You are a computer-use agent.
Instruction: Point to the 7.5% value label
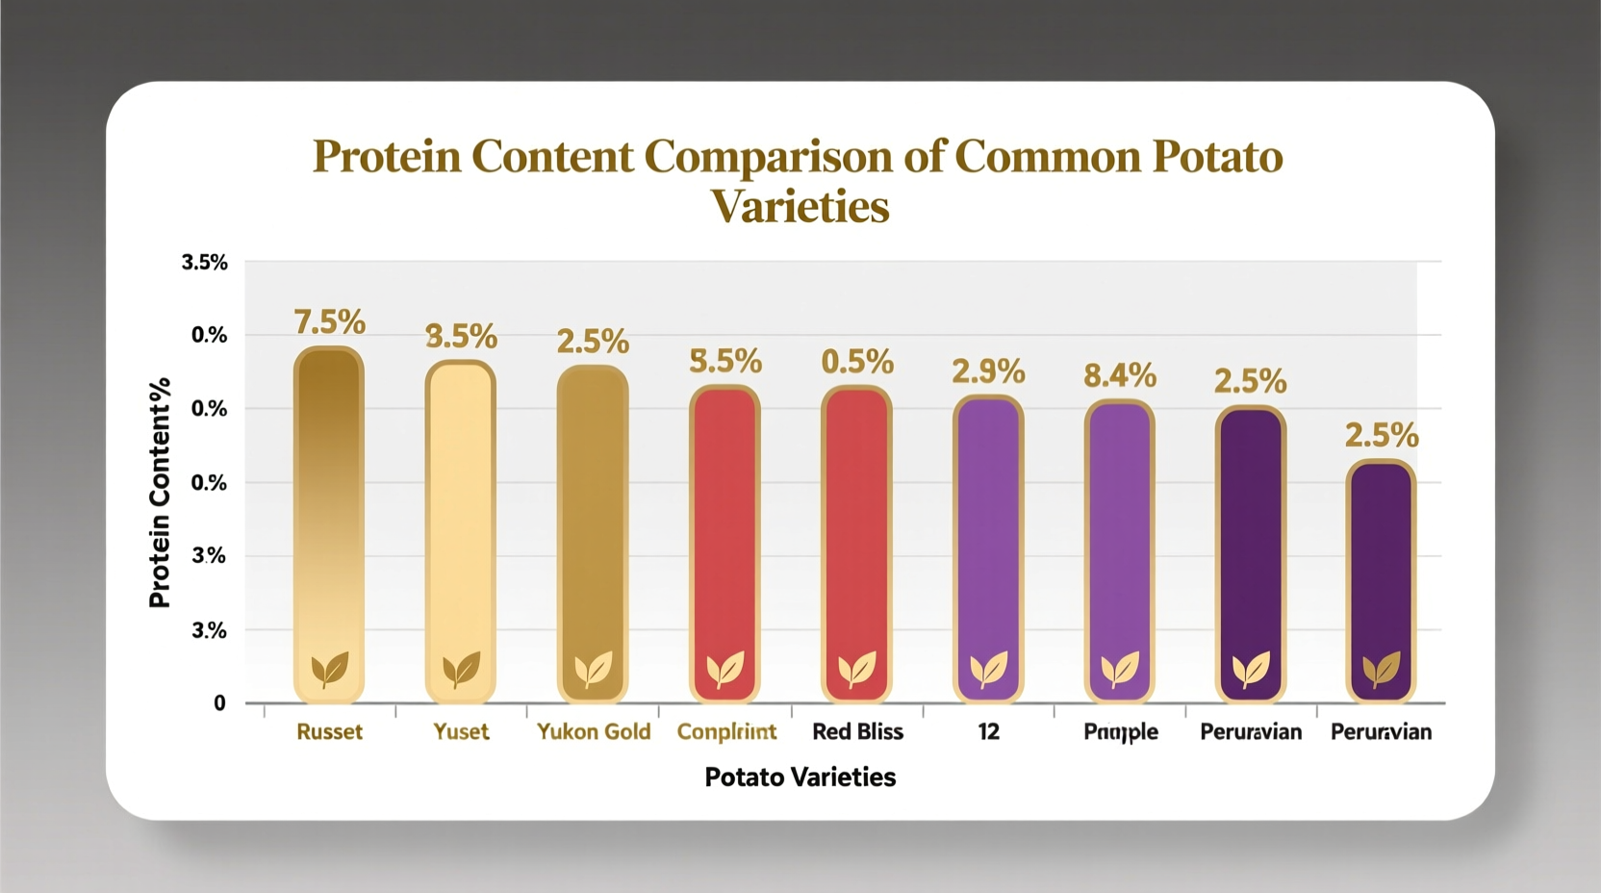(329, 321)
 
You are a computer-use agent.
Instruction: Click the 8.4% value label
(1120, 375)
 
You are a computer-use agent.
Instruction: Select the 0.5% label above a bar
(857, 362)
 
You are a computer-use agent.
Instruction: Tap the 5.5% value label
(725, 362)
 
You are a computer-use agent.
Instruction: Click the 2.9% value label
(988, 371)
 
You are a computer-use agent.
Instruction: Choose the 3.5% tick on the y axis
(204, 263)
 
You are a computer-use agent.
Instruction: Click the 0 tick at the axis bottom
(219, 703)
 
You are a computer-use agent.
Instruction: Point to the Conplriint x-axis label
(726, 732)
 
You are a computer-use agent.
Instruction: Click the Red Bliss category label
(857, 732)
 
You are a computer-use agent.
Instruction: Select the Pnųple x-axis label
(1121, 732)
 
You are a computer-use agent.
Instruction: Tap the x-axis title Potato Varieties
(800, 778)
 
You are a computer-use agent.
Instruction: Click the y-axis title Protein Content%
(160, 493)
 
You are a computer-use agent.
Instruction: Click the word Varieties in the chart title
(800, 206)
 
